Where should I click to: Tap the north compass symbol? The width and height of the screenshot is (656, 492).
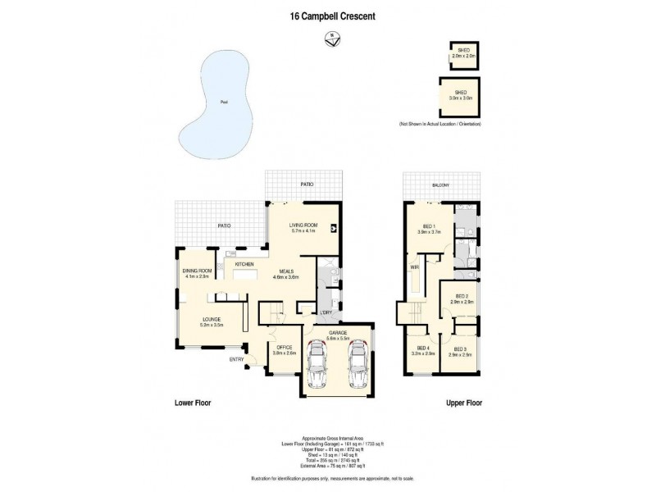pos(331,37)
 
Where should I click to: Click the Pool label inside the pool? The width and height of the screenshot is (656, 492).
pos(223,102)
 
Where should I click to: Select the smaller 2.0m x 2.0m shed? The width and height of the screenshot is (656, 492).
pos(462,55)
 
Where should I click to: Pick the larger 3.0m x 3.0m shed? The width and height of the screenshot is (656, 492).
pos(461,95)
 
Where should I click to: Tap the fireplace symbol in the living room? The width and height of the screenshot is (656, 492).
pos(333,230)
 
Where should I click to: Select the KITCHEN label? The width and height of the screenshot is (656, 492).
pos(244,264)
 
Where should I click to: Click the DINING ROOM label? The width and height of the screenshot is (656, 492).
pos(197,271)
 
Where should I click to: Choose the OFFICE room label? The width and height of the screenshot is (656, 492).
pos(285,348)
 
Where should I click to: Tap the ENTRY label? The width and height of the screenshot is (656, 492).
pos(237,358)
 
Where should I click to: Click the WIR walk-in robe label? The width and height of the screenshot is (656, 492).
pos(415,267)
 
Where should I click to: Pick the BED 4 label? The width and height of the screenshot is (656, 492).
pos(423,348)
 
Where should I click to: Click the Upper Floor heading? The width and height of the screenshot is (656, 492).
pos(463,403)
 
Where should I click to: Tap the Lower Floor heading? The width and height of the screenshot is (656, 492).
pos(194,403)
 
